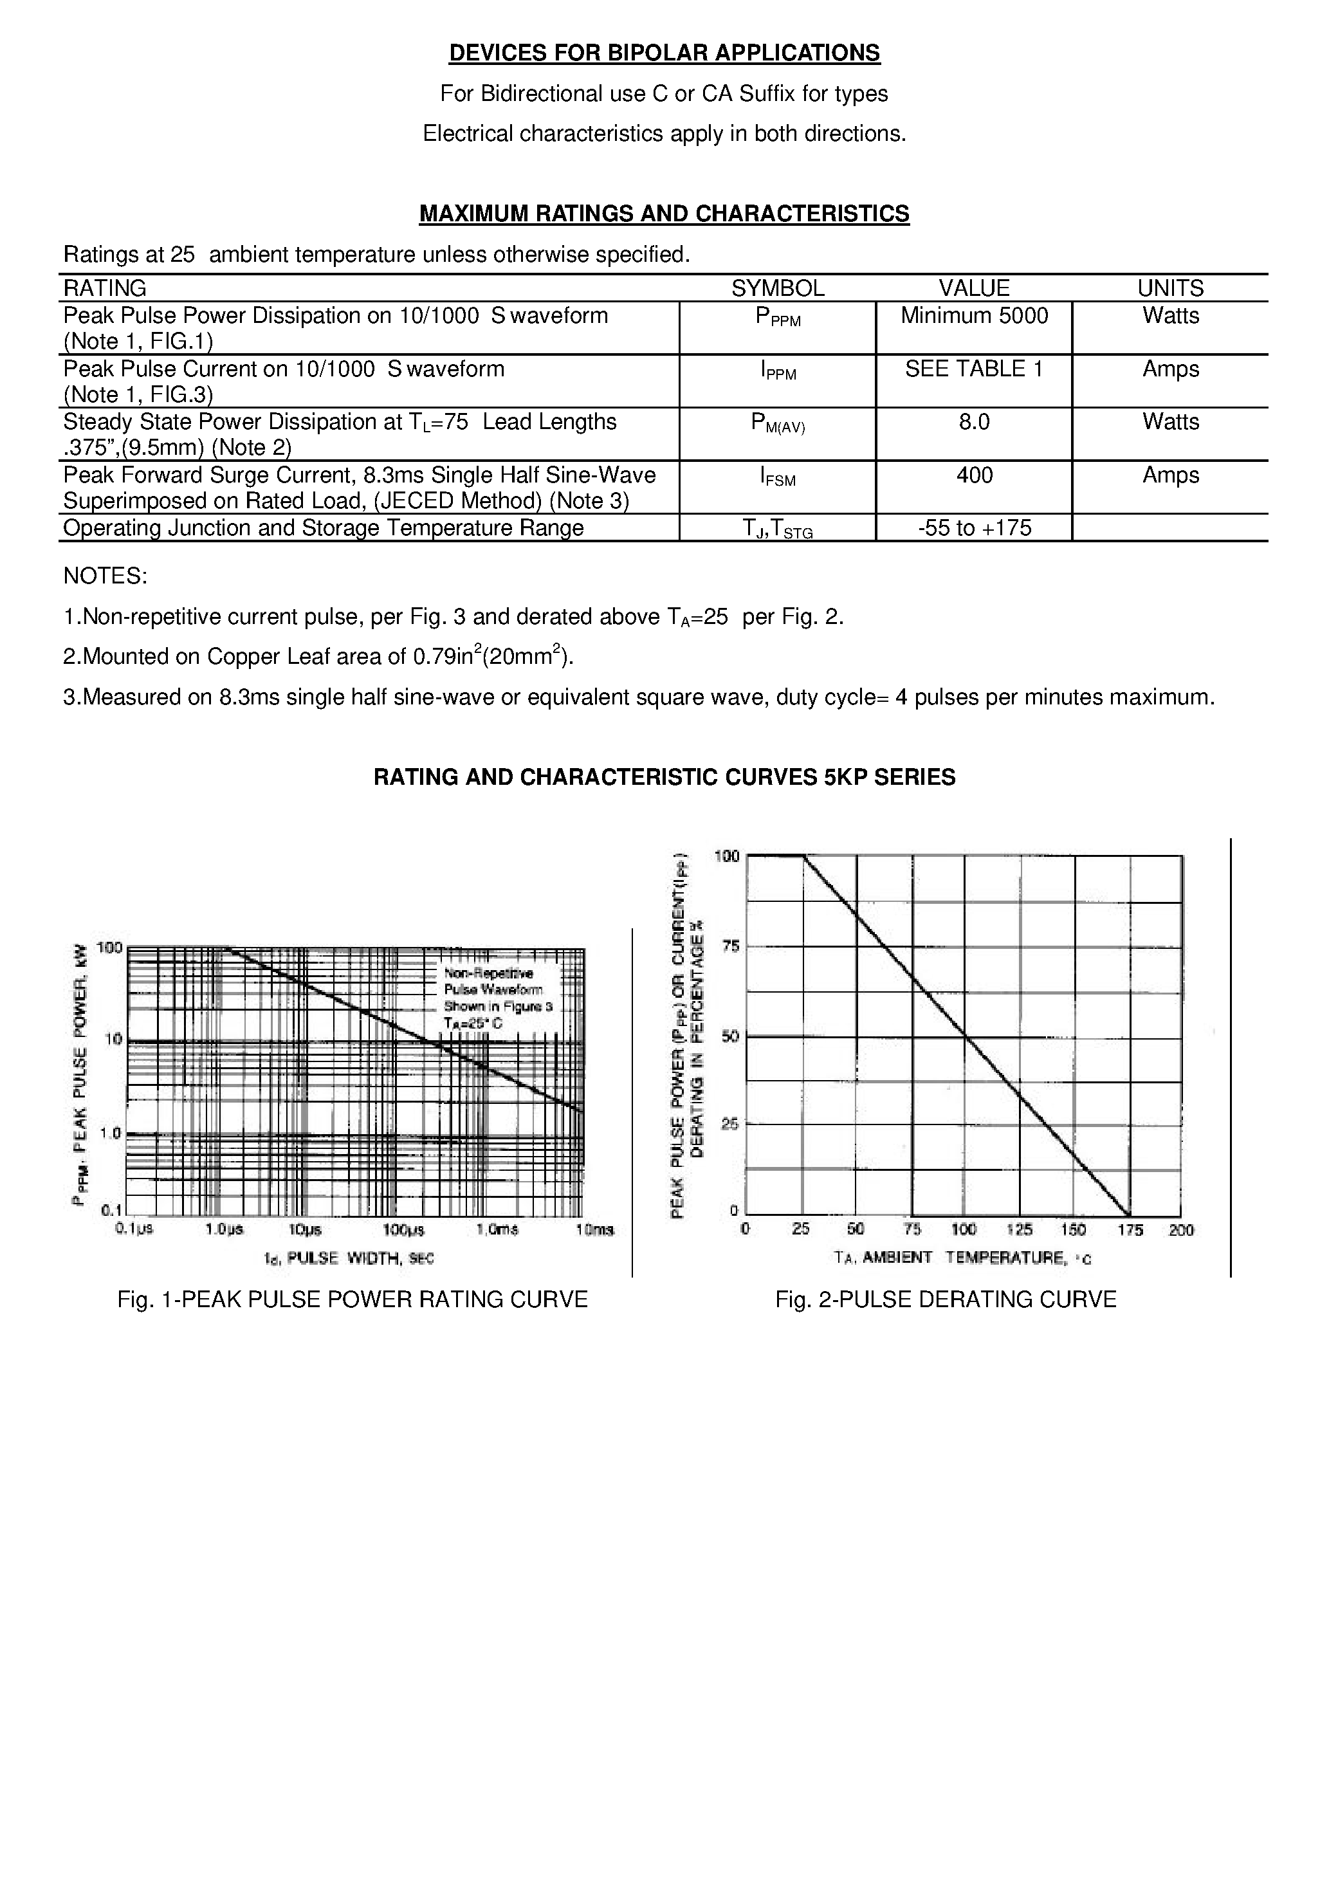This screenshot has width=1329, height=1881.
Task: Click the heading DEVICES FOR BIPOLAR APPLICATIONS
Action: (x=664, y=53)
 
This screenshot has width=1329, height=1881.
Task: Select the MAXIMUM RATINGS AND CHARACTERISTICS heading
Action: (x=664, y=214)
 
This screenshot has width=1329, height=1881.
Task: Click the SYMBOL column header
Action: (x=777, y=288)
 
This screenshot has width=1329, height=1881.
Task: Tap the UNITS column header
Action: (x=1169, y=288)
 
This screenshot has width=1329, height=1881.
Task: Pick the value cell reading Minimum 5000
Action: (x=973, y=317)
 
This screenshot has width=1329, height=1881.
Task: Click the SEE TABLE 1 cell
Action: (x=973, y=369)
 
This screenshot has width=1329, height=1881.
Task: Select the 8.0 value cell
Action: (x=973, y=423)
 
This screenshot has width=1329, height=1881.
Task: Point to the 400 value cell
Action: (x=973, y=475)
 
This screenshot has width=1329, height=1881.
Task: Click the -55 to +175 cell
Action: (x=973, y=528)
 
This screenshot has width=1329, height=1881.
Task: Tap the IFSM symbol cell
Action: (x=777, y=477)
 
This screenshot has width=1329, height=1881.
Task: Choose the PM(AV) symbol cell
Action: (x=777, y=423)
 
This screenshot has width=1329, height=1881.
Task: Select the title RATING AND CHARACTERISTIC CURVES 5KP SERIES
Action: (x=664, y=778)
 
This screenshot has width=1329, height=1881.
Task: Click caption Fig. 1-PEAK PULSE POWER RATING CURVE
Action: (x=353, y=1300)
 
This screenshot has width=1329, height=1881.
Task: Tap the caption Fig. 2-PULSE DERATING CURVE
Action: (x=946, y=1300)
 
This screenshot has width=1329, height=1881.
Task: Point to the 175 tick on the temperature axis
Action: (x=1130, y=1230)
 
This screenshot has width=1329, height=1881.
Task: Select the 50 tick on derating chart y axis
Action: (x=729, y=1036)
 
